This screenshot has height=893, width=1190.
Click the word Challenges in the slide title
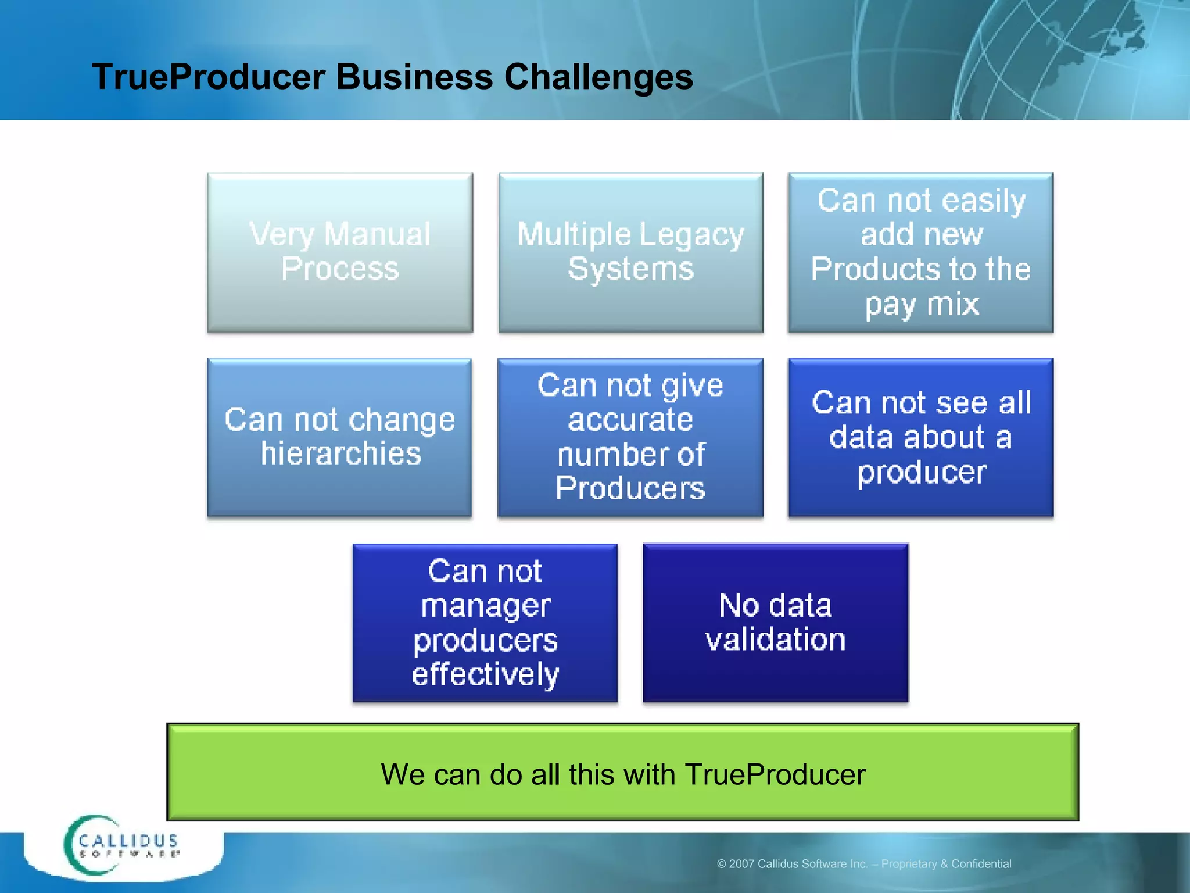(x=598, y=77)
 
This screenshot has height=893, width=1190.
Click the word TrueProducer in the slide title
(x=208, y=77)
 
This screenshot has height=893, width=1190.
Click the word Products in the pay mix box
(x=874, y=269)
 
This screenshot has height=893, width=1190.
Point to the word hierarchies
(x=340, y=453)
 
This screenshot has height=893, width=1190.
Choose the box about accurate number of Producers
(x=630, y=437)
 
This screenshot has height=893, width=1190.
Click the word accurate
(x=630, y=420)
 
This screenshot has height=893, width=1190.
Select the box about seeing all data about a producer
(x=921, y=437)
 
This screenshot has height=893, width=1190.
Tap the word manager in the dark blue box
(x=485, y=606)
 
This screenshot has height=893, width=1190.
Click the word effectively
(x=485, y=675)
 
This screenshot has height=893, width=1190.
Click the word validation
(x=775, y=640)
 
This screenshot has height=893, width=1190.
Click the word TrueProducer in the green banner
(x=775, y=775)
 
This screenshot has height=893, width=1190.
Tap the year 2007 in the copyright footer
(x=741, y=864)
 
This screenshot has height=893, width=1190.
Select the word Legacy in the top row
(x=691, y=235)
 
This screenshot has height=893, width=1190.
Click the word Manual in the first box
(x=377, y=234)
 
